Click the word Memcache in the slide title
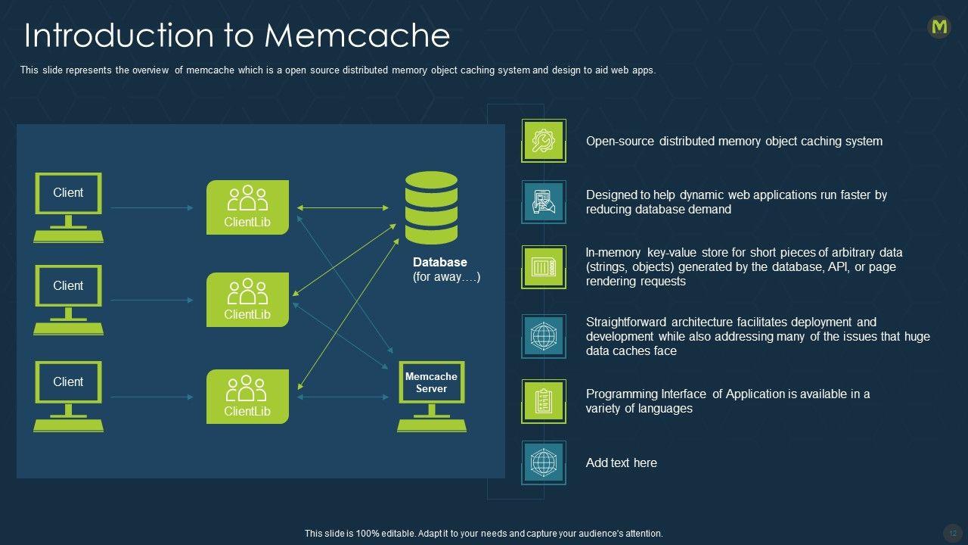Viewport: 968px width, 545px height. pos(357,36)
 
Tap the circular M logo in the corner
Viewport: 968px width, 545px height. pos(939,27)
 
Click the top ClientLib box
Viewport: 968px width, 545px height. pos(247,207)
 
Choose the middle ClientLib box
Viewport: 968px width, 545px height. pos(247,300)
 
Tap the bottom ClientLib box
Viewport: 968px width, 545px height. pos(247,397)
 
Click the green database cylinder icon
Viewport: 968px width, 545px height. pos(431,207)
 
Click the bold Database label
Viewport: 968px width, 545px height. pos(439,263)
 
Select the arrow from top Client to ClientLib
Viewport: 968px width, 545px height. pos(152,207)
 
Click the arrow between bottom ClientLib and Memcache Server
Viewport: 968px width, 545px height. pos(343,397)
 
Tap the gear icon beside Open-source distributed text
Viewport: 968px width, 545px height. pos(543,141)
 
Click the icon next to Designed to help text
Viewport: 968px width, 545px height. pos(543,202)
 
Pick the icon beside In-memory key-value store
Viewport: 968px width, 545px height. pos(543,266)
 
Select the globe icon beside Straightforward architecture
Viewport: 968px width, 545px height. pos(543,336)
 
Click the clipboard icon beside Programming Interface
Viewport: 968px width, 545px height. pos(543,401)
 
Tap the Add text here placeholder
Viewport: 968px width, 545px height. pos(621,463)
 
